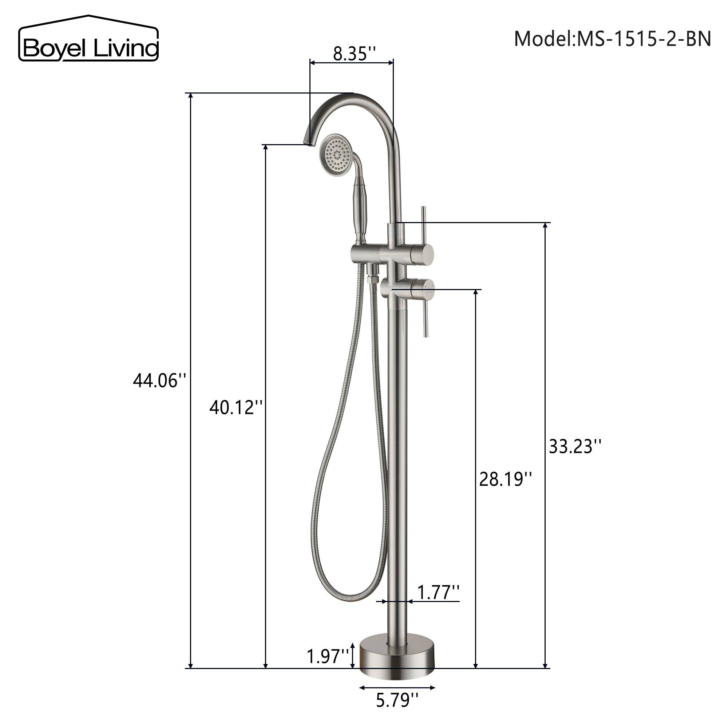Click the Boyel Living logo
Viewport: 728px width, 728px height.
click(88, 39)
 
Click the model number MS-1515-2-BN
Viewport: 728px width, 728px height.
click(612, 39)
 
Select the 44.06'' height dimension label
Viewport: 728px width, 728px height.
click(160, 381)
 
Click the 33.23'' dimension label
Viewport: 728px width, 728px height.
click(575, 447)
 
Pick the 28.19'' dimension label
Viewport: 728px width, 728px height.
click(506, 479)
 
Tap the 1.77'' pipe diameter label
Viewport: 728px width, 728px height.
click(438, 592)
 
